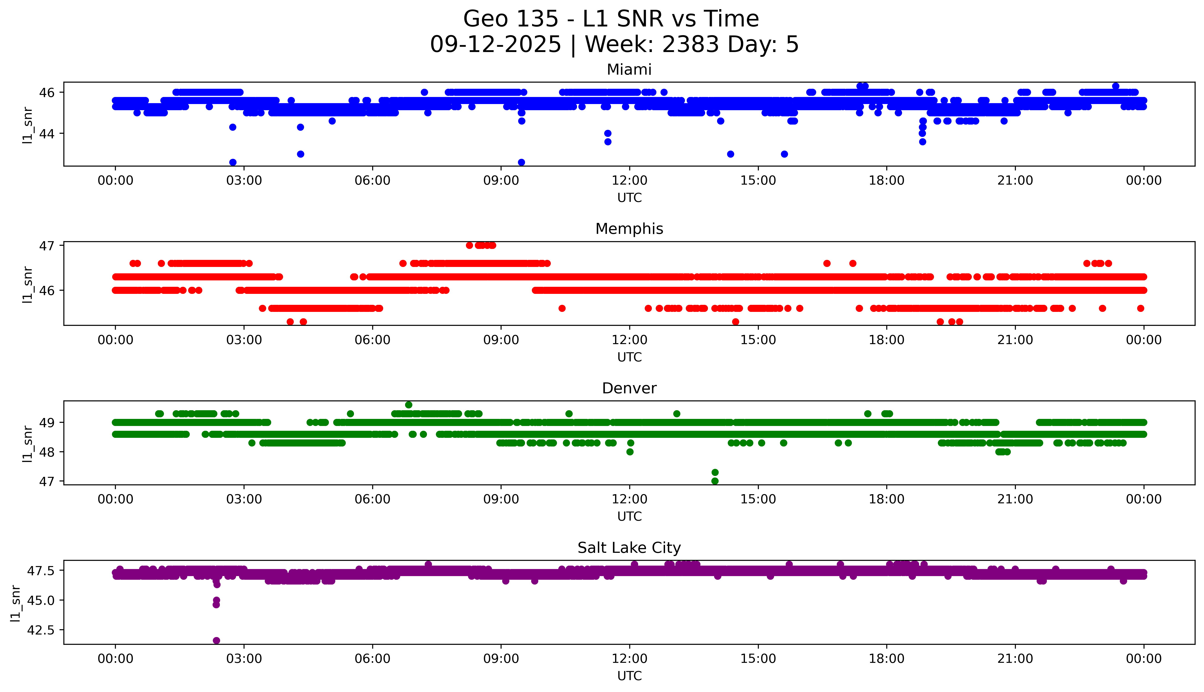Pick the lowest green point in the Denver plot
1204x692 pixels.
[x=715, y=481]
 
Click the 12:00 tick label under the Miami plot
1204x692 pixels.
[x=629, y=181]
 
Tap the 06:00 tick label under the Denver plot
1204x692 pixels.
[x=372, y=499]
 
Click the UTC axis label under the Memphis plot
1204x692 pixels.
[x=629, y=357]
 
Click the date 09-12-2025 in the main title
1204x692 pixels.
[x=495, y=45]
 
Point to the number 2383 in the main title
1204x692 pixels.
[x=691, y=45]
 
